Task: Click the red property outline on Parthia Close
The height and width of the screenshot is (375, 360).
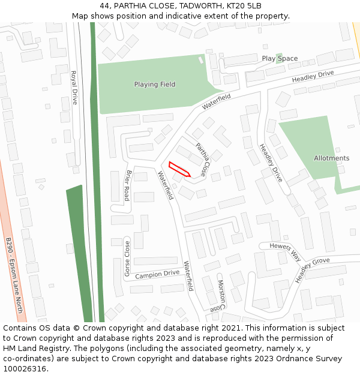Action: tap(179, 170)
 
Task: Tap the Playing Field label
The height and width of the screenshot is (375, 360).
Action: tap(155, 85)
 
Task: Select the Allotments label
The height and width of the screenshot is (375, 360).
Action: tap(331, 158)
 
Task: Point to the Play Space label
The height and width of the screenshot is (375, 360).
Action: tap(280, 58)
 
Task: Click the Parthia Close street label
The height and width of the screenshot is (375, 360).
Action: tap(203, 158)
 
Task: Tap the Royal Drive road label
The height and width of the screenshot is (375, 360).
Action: tap(74, 88)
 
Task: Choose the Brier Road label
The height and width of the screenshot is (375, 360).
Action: tap(128, 185)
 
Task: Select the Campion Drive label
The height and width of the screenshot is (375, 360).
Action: tap(157, 274)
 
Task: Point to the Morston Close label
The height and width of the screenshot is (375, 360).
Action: tap(221, 295)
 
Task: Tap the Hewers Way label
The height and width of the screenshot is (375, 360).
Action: tap(284, 251)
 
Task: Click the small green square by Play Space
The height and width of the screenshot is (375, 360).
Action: tap(278, 56)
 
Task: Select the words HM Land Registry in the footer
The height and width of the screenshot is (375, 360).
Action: tap(31, 348)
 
